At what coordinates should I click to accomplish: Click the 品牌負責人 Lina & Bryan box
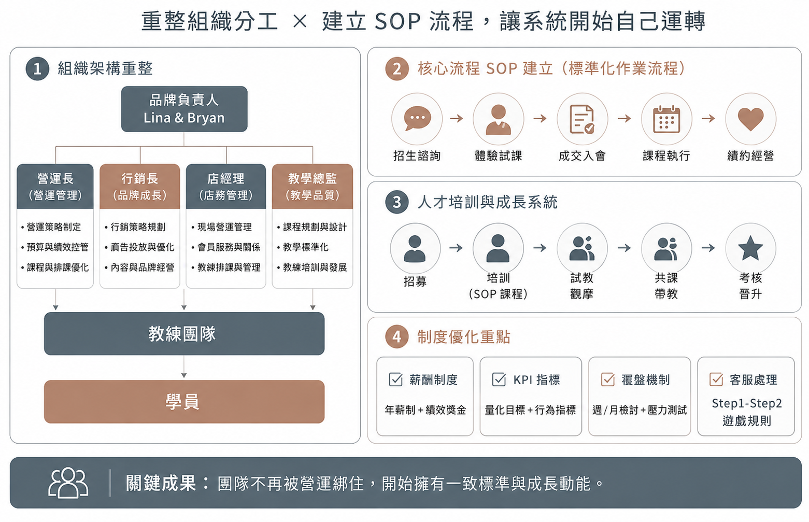pyautogui.click(x=184, y=109)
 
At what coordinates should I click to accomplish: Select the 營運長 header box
pyautogui.click(x=55, y=187)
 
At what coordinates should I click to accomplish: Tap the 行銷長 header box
pyautogui.click(x=140, y=187)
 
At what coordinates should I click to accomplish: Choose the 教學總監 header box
pyautogui.click(x=313, y=187)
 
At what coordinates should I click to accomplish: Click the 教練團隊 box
pyautogui.click(x=184, y=333)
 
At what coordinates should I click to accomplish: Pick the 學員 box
pyautogui.click(x=184, y=401)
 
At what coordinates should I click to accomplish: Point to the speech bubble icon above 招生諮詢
pyautogui.click(x=417, y=119)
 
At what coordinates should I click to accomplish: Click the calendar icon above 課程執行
pyautogui.click(x=666, y=119)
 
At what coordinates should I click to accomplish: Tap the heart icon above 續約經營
pyautogui.click(x=750, y=119)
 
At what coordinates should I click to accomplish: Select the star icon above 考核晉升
pyautogui.click(x=750, y=248)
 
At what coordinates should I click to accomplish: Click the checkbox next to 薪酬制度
pyautogui.click(x=395, y=379)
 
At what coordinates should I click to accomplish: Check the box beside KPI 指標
pyautogui.click(x=499, y=379)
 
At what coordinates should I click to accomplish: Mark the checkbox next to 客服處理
pyautogui.click(x=716, y=379)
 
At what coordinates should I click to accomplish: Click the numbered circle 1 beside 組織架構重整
pyautogui.click(x=37, y=68)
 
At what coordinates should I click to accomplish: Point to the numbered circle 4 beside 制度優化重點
pyautogui.click(x=397, y=336)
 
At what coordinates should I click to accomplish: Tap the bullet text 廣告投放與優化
pyautogui.click(x=143, y=247)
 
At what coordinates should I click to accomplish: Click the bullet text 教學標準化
pyautogui.click(x=306, y=247)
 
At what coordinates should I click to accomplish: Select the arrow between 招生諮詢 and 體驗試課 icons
pyautogui.click(x=457, y=119)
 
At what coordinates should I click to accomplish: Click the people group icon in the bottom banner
pyautogui.click(x=68, y=483)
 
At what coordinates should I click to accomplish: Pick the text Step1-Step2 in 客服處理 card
pyautogui.click(x=746, y=403)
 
